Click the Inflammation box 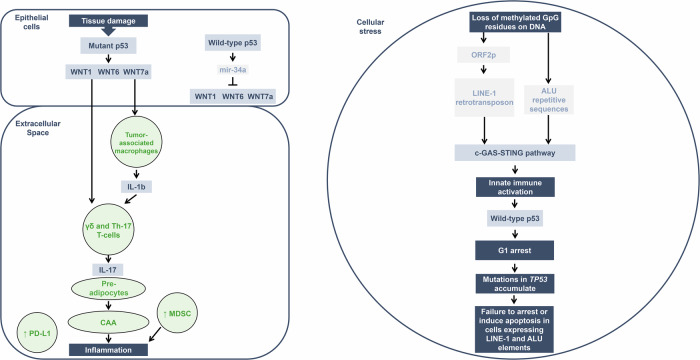(x=109, y=350)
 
